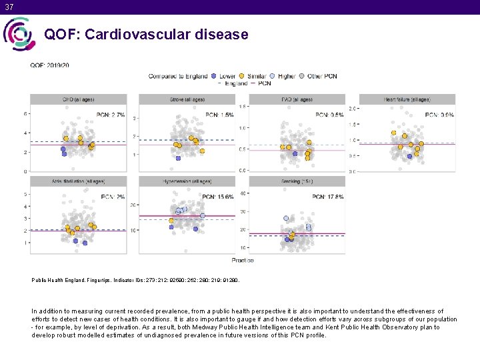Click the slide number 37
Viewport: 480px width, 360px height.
(x=7, y=6)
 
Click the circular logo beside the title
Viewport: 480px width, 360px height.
(x=19, y=34)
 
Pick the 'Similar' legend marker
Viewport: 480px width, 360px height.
(x=242, y=76)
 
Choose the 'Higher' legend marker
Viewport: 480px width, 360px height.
(x=273, y=76)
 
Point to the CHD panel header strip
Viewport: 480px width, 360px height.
(x=77, y=99)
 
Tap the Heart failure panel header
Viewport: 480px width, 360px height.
(x=407, y=99)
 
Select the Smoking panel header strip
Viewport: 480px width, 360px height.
(x=297, y=181)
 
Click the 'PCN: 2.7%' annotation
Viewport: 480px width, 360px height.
(x=111, y=115)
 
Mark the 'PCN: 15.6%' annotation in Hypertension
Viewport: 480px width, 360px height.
(x=217, y=197)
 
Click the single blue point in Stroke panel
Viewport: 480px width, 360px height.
(x=178, y=158)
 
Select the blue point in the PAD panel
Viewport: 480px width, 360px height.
(x=295, y=154)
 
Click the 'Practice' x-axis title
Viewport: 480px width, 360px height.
(x=242, y=259)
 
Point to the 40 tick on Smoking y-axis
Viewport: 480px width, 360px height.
(x=243, y=194)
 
